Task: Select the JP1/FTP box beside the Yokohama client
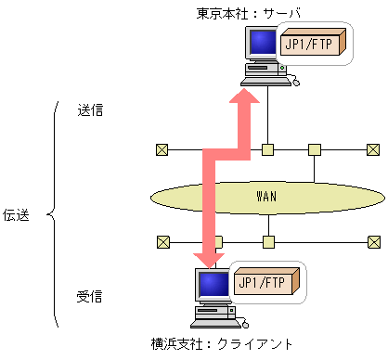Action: pyautogui.click(x=264, y=282)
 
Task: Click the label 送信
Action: pyautogui.click(x=90, y=109)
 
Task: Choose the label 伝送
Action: pyautogui.click(x=17, y=216)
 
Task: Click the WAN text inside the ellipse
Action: pyautogui.click(x=267, y=197)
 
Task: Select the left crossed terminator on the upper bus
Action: pyautogui.click(x=162, y=148)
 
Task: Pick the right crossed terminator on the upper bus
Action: pyautogui.click(x=372, y=148)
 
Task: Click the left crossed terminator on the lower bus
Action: pyautogui.click(x=162, y=242)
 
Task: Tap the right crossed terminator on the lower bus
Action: pyautogui.click(x=372, y=242)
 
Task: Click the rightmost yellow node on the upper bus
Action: pyautogui.click(x=315, y=148)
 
